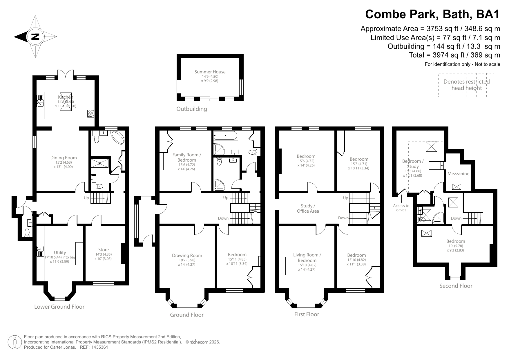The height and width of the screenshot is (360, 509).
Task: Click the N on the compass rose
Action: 35,37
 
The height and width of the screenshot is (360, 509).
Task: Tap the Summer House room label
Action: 210,72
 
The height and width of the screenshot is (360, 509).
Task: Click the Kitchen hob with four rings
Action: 90,113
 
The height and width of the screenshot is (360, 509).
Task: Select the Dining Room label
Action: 64,158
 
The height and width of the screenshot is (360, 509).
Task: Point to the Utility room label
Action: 60,252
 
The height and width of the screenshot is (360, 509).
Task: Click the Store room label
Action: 103,249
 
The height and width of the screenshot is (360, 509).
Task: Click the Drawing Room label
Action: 187,255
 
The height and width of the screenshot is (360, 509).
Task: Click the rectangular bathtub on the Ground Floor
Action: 225,135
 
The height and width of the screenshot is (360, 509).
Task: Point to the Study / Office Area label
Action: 308,208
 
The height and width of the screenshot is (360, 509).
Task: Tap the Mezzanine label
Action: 458,174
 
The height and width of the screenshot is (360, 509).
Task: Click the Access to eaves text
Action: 401,207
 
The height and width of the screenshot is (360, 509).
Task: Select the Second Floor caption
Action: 456,286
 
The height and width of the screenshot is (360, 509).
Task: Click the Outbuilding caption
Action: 191,109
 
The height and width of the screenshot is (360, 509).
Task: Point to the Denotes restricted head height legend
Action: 466,85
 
